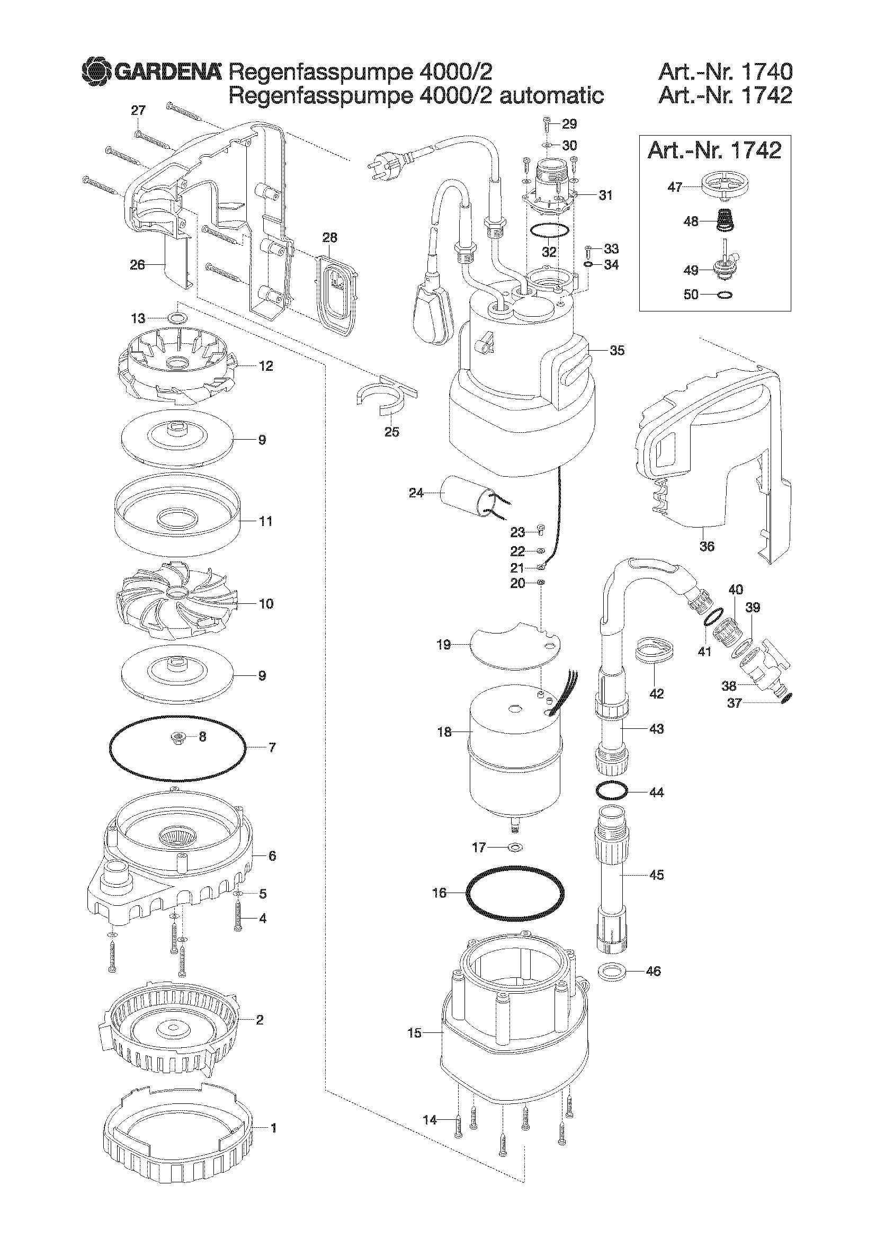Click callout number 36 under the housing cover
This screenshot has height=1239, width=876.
707,546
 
